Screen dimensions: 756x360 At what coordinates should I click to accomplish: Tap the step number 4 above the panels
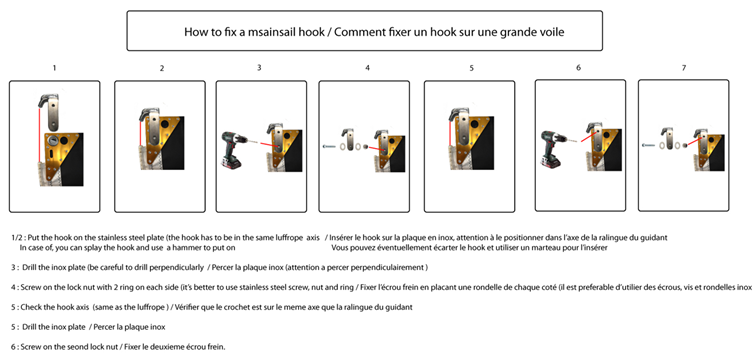tap(367, 68)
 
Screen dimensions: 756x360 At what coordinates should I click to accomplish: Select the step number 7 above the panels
tap(684, 68)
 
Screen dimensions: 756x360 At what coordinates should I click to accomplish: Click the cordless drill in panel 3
tap(234, 149)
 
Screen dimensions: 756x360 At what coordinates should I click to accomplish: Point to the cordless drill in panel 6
tap(554, 149)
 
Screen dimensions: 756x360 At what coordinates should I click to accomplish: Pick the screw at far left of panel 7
tap(648, 144)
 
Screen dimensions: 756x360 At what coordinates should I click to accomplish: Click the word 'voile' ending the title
tap(553, 32)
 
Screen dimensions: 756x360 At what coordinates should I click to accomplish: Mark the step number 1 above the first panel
tap(54, 68)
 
